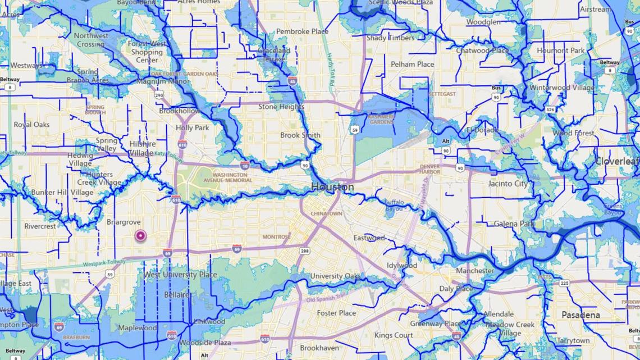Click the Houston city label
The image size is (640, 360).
[x=332, y=186]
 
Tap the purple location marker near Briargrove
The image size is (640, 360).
[x=139, y=236]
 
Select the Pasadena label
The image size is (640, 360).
[x=580, y=315]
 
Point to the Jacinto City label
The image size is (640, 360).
[x=508, y=184]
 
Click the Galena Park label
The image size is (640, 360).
[x=514, y=224]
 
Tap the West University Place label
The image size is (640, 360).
[x=180, y=275]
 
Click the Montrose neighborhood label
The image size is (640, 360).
[x=277, y=237]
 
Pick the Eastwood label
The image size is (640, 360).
[x=369, y=238]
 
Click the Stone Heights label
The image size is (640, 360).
[x=281, y=107]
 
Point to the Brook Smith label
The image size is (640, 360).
[x=300, y=135]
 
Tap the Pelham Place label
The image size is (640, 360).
[x=412, y=64]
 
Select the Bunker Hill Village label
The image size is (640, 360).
[x=62, y=193]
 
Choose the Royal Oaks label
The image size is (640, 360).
[x=31, y=125]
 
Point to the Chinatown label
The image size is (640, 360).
[x=327, y=213]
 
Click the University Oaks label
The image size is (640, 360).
[x=335, y=276]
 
